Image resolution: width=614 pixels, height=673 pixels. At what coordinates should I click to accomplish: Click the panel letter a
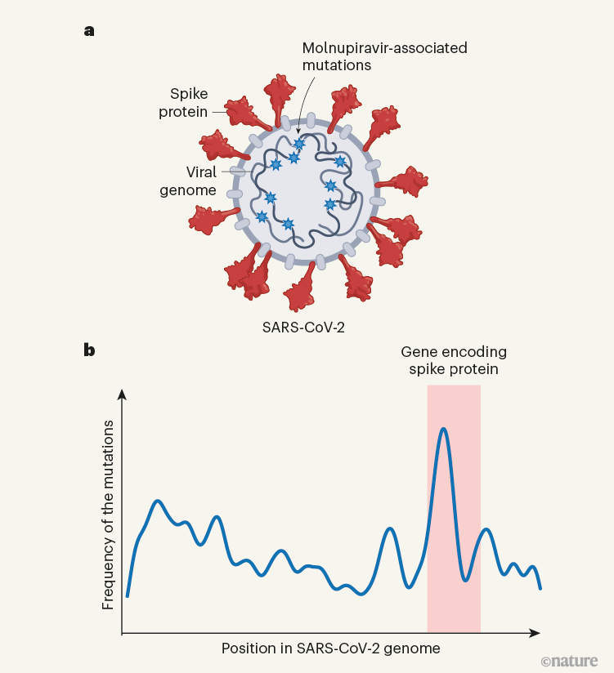[88, 32]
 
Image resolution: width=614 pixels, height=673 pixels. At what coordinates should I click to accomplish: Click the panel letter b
[89, 350]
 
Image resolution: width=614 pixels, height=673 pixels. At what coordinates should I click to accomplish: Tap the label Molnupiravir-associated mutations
[384, 56]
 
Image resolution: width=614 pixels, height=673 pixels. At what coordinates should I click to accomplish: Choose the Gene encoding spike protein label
[453, 360]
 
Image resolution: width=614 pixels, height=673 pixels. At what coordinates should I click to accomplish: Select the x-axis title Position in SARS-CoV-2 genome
[331, 648]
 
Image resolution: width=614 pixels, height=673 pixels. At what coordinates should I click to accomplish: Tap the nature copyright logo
[569, 660]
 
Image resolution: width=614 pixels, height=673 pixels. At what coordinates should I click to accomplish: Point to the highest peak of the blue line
[443, 428]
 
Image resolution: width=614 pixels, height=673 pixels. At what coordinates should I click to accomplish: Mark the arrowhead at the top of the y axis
[122, 394]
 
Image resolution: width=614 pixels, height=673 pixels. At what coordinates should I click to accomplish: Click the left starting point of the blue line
[128, 597]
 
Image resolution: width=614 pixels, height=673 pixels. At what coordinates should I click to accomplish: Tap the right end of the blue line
[540, 588]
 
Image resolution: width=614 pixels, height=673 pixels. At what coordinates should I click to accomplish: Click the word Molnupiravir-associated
[384, 48]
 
